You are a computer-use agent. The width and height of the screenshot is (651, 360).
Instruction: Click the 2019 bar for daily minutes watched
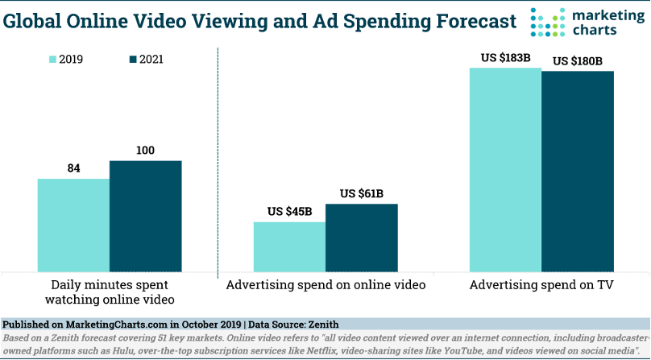pos(73,225)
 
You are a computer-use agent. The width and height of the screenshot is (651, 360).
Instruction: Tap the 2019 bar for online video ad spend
pos(289,246)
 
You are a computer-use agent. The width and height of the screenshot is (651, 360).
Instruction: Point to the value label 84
pos(73,168)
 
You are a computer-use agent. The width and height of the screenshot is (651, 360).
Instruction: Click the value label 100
pos(145,151)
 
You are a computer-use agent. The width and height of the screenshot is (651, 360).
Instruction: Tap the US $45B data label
pos(290,212)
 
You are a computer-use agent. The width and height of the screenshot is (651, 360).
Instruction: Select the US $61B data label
pos(362,193)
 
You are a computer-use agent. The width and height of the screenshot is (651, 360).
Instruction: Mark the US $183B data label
pos(505,58)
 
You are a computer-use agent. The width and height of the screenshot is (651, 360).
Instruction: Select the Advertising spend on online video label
pos(325,284)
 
